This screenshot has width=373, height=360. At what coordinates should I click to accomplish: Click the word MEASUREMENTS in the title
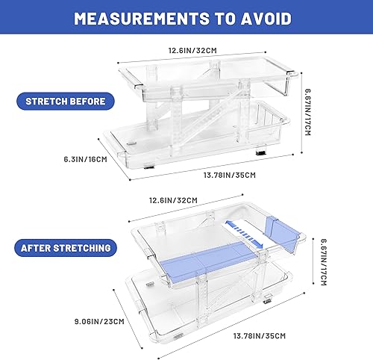[135, 19]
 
